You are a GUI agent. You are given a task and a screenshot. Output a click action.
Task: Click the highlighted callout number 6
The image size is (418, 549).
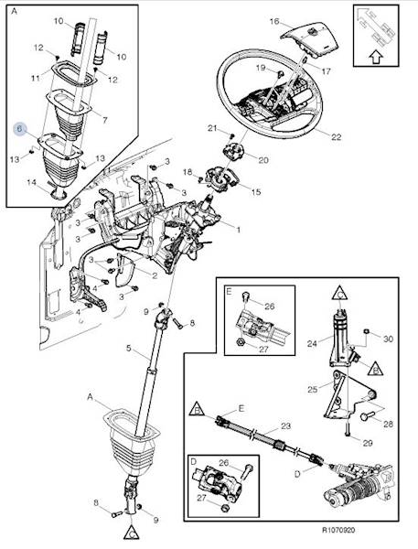(x=19, y=128)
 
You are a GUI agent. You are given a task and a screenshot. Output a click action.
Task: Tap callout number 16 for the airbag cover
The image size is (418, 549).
(x=274, y=22)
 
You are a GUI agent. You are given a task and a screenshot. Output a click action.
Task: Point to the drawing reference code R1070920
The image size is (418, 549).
(x=338, y=530)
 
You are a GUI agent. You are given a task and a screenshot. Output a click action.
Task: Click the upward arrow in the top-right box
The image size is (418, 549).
(x=375, y=57)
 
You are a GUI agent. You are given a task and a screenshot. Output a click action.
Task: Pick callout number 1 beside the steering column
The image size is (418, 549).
(x=239, y=230)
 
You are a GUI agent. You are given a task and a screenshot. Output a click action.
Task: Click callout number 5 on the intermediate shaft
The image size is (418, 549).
(x=128, y=349)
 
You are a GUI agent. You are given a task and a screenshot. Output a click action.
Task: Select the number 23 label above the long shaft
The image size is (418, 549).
(x=285, y=426)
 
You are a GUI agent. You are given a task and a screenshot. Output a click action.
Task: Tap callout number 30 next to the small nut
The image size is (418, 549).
(x=388, y=339)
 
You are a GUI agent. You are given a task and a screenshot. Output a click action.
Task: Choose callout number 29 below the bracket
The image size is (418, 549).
(x=367, y=443)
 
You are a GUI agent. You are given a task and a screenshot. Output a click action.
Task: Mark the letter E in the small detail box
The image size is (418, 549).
(x=229, y=292)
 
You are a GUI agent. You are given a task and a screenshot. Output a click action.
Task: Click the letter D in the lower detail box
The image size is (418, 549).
(x=194, y=462)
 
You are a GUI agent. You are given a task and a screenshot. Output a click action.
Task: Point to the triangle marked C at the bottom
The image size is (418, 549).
(x=132, y=533)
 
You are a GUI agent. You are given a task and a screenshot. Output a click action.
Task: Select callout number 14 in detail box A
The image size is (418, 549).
(x=31, y=182)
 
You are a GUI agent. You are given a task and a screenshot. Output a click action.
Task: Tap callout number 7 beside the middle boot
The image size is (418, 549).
(x=104, y=120)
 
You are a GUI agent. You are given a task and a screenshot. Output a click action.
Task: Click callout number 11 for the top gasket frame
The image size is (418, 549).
(x=35, y=78)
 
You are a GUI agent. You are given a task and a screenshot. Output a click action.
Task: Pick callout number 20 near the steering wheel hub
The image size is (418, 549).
(x=263, y=160)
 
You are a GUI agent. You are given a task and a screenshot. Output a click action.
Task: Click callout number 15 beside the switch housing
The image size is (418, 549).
(x=256, y=192)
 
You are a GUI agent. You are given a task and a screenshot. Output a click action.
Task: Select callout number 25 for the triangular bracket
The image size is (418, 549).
(x=313, y=389)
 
